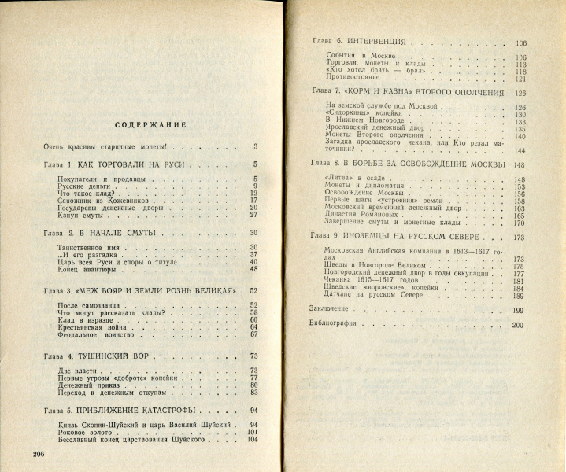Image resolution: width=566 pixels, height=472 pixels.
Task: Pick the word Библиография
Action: tap(332, 324)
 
